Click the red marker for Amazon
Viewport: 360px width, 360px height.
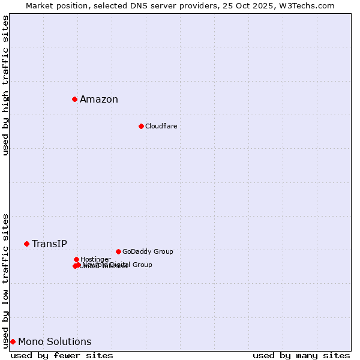click(x=74, y=99)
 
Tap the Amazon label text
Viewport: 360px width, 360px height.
click(x=99, y=100)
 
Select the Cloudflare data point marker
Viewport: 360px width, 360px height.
click(x=141, y=126)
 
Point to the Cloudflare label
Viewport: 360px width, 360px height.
click(x=161, y=126)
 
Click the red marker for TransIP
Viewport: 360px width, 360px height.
click(x=26, y=244)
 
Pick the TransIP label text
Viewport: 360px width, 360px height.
click(x=49, y=244)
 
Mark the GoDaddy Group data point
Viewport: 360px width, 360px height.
click(x=118, y=251)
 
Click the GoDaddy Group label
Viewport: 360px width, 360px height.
click(x=148, y=251)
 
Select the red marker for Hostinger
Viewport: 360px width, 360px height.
click(x=76, y=259)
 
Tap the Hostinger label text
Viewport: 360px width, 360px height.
click(x=95, y=259)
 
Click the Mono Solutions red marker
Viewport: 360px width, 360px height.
click(x=13, y=341)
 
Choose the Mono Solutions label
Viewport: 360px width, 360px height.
click(x=55, y=342)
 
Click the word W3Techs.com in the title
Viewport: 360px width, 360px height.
click(x=310, y=5)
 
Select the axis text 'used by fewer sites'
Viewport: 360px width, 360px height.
click(x=62, y=356)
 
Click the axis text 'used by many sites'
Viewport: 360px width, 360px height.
click(x=301, y=356)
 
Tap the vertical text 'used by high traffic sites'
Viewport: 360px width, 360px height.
click(x=5, y=85)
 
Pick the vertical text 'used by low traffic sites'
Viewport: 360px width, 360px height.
click(x=5, y=281)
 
